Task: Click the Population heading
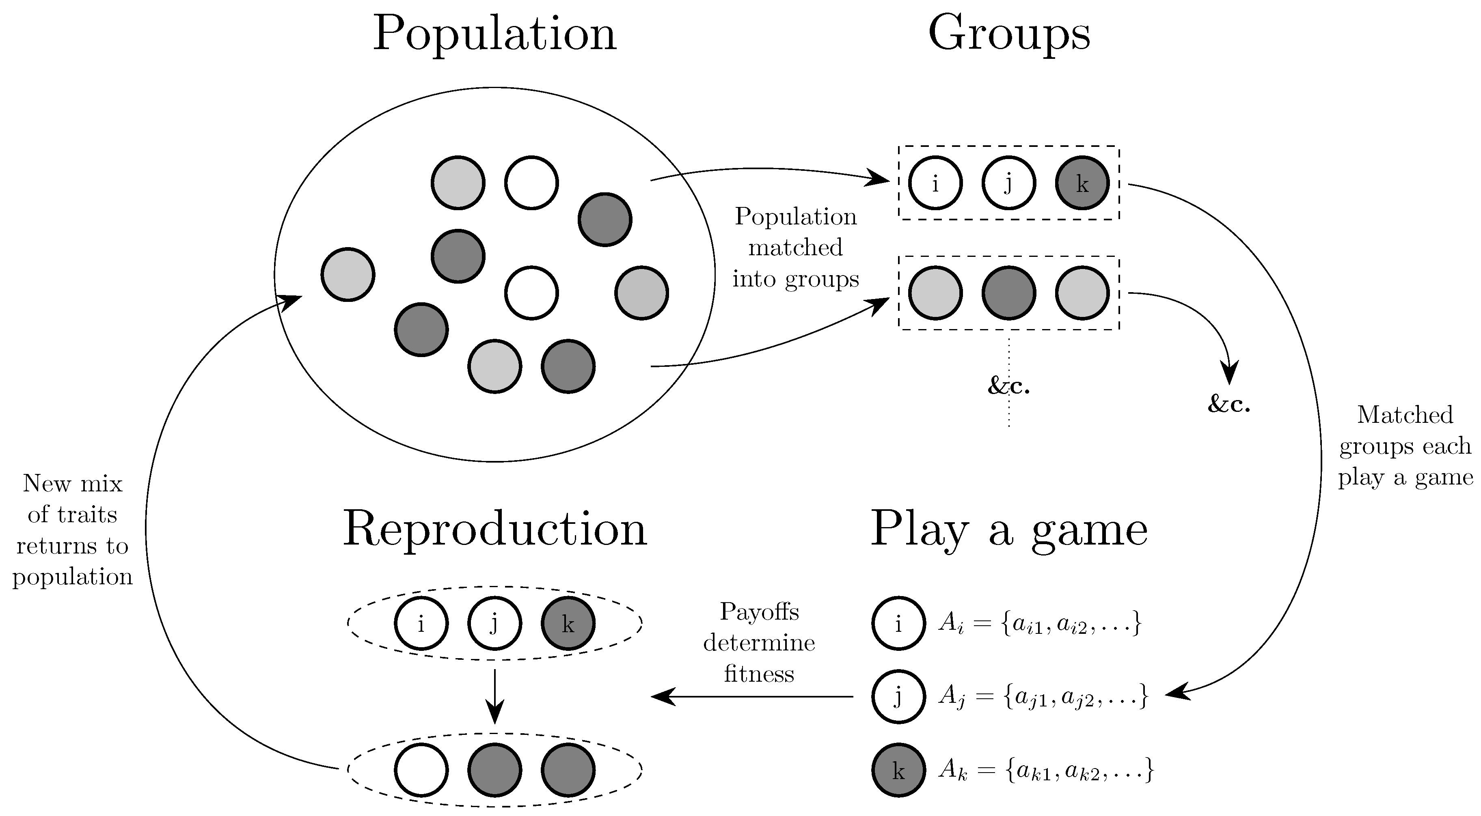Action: (x=494, y=34)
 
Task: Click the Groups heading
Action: (x=1008, y=34)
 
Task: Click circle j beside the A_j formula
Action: (x=898, y=696)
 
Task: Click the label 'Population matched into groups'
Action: (x=796, y=248)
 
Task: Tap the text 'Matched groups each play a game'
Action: (x=1405, y=446)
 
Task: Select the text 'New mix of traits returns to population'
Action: (x=72, y=530)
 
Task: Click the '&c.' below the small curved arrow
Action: (x=1228, y=405)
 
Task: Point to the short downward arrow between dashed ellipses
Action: (x=494, y=695)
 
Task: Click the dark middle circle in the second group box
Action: (x=1008, y=293)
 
